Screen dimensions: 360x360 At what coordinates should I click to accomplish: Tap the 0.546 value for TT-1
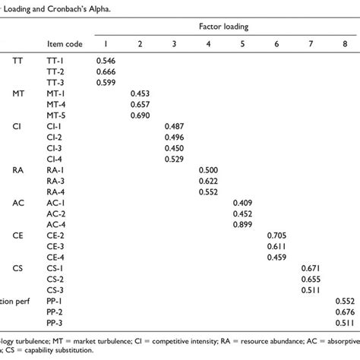pyautogui.click(x=106, y=60)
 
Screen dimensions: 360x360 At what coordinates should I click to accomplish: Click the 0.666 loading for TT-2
pyautogui.click(x=106, y=71)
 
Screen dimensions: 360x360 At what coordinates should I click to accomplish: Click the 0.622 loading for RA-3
pyautogui.click(x=209, y=181)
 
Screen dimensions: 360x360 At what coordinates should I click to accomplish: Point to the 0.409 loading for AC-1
pyautogui.click(x=243, y=203)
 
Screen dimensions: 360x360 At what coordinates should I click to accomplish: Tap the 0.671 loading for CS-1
pyautogui.click(x=311, y=269)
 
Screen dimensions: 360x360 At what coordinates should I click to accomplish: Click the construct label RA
pyautogui.click(x=18, y=170)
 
